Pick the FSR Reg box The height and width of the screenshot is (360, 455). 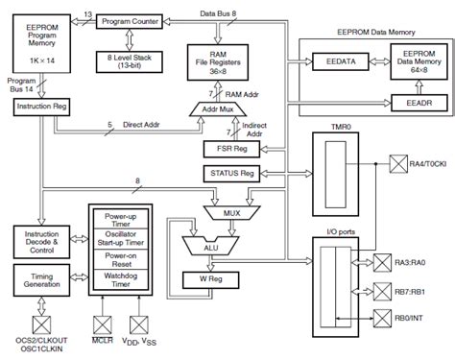coord(228,149)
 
